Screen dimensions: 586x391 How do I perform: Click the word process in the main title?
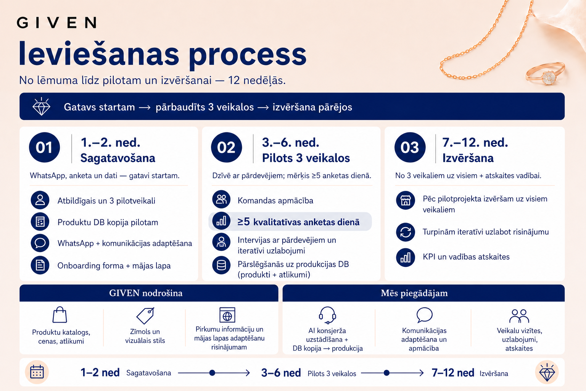tap(248, 56)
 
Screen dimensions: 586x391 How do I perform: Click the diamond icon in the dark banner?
tap(41, 106)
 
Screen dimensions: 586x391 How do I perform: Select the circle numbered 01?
tap(44, 147)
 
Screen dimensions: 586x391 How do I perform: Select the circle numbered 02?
tap(226, 147)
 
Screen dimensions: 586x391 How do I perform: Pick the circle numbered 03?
tap(410, 147)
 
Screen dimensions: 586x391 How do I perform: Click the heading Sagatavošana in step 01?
tap(118, 158)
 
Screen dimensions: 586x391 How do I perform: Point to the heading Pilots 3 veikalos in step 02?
tap(306, 158)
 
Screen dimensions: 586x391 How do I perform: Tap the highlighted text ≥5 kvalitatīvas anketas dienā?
tap(298, 222)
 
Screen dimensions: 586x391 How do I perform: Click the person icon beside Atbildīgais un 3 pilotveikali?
tap(40, 200)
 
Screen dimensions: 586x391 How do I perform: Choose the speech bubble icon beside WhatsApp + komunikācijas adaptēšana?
tap(40, 243)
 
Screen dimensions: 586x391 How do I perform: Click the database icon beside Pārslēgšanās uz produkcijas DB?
tap(221, 265)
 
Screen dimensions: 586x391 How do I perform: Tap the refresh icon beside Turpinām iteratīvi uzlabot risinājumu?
tap(406, 232)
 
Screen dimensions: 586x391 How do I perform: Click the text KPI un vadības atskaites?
tap(466, 257)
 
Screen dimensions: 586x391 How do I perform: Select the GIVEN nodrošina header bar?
tap(149, 293)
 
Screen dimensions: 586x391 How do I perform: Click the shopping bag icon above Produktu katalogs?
tap(60, 315)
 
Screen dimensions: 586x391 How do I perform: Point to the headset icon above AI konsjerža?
tap(327, 315)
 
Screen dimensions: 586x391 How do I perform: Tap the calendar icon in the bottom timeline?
tap(37, 372)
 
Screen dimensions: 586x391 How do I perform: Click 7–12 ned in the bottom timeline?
tap(453, 373)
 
